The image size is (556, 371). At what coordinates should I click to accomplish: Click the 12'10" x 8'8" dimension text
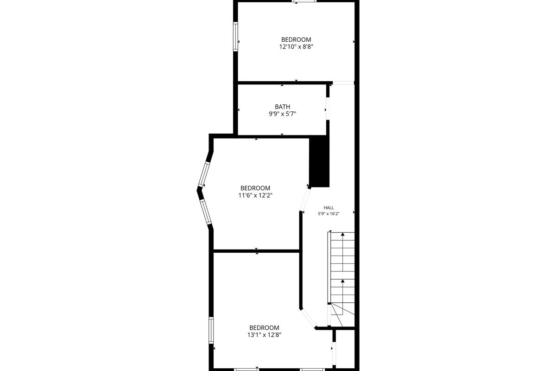coord(296,47)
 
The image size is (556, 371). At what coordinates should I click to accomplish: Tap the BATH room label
coord(283,107)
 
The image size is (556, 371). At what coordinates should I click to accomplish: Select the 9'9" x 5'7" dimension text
coord(283,114)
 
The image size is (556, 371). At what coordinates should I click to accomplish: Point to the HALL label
coord(329,208)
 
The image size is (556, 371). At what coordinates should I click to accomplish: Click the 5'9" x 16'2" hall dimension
coord(329,213)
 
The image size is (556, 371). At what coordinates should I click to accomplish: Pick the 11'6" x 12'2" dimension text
coord(255,195)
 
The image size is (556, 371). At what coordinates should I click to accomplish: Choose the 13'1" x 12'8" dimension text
coord(265,335)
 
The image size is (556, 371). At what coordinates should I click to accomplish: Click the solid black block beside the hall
coord(319,161)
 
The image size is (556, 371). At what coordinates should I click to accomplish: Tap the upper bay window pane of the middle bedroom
coord(204,174)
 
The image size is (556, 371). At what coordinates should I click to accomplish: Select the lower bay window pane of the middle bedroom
coord(206,212)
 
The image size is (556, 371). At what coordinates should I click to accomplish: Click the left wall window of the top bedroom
coord(235,37)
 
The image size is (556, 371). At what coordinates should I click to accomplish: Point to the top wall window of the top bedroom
coord(304,1)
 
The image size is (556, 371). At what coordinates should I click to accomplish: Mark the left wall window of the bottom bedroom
coord(211,330)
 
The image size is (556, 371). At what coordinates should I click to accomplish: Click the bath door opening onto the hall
coord(328,109)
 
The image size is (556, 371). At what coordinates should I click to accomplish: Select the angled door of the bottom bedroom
coord(309,318)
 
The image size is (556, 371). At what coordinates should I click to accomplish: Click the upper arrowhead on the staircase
coord(343,234)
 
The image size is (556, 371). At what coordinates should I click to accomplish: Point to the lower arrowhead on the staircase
coord(343,281)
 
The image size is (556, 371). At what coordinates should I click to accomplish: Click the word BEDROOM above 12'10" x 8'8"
coord(296,39)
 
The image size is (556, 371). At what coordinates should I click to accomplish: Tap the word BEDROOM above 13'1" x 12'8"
coord(265,327)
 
